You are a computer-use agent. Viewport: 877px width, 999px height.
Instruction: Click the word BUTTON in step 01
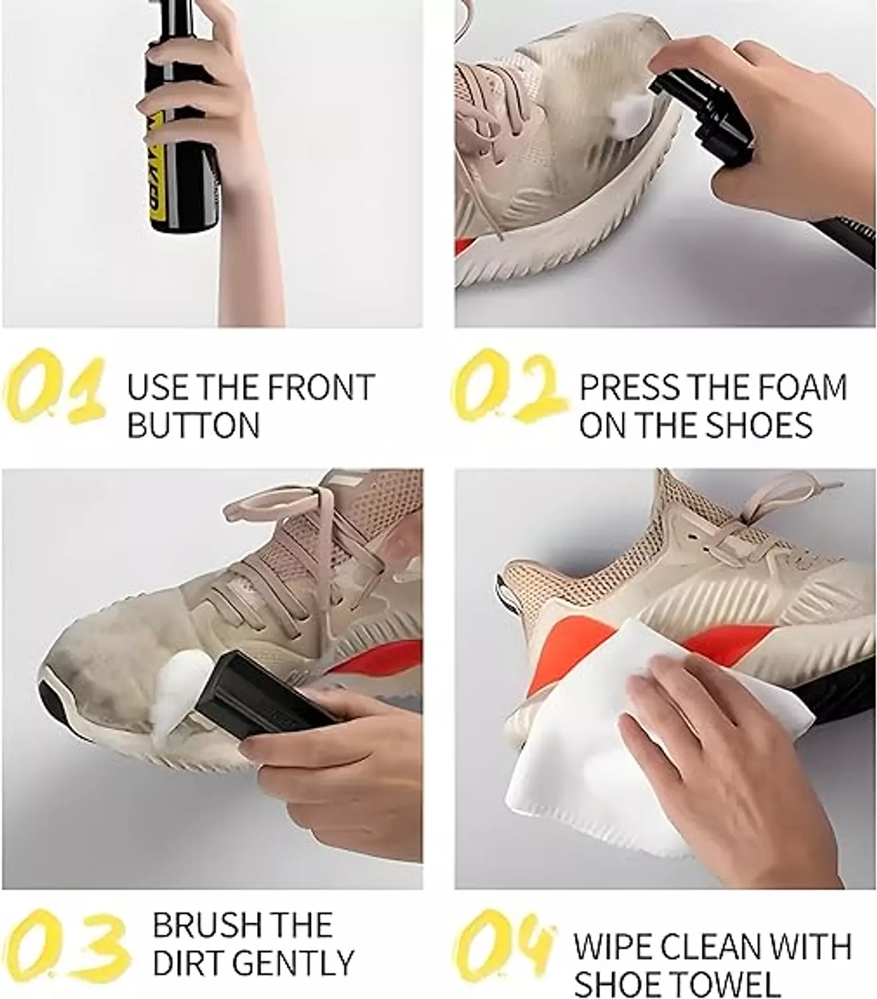[x=193, y=426]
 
